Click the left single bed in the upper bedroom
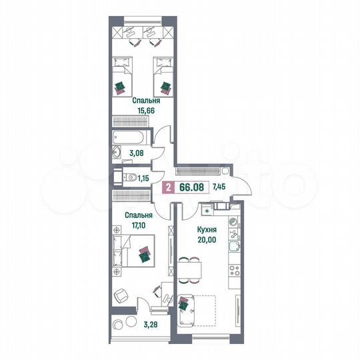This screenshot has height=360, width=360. click(122, 79)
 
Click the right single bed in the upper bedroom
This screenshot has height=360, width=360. click(164, 79)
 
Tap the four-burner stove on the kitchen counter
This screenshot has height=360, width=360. click(233, 271)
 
